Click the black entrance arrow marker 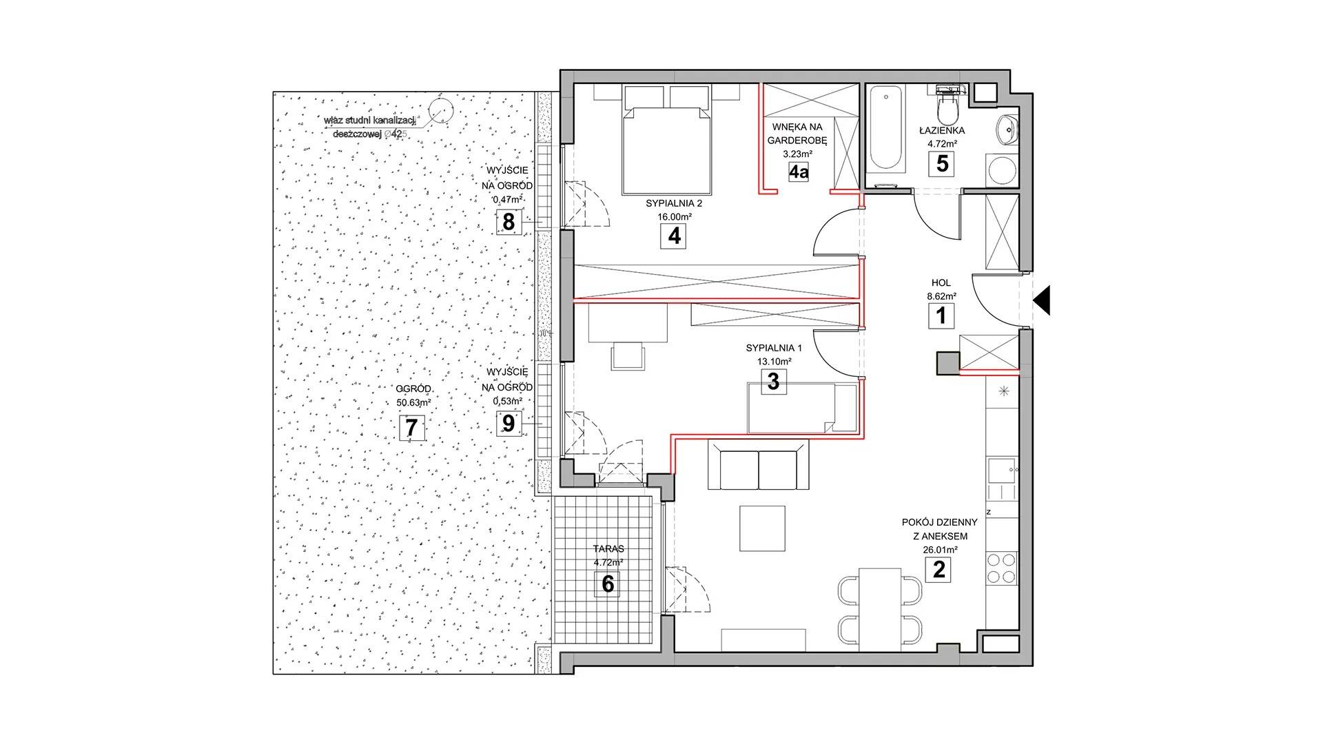1042,300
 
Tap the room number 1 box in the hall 941,316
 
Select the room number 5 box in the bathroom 942,164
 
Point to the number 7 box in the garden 411,428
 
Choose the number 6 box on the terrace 608,584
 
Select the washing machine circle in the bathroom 1001,168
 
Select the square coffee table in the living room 763,528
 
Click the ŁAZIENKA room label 942,130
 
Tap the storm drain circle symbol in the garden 438,108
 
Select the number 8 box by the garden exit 509,223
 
